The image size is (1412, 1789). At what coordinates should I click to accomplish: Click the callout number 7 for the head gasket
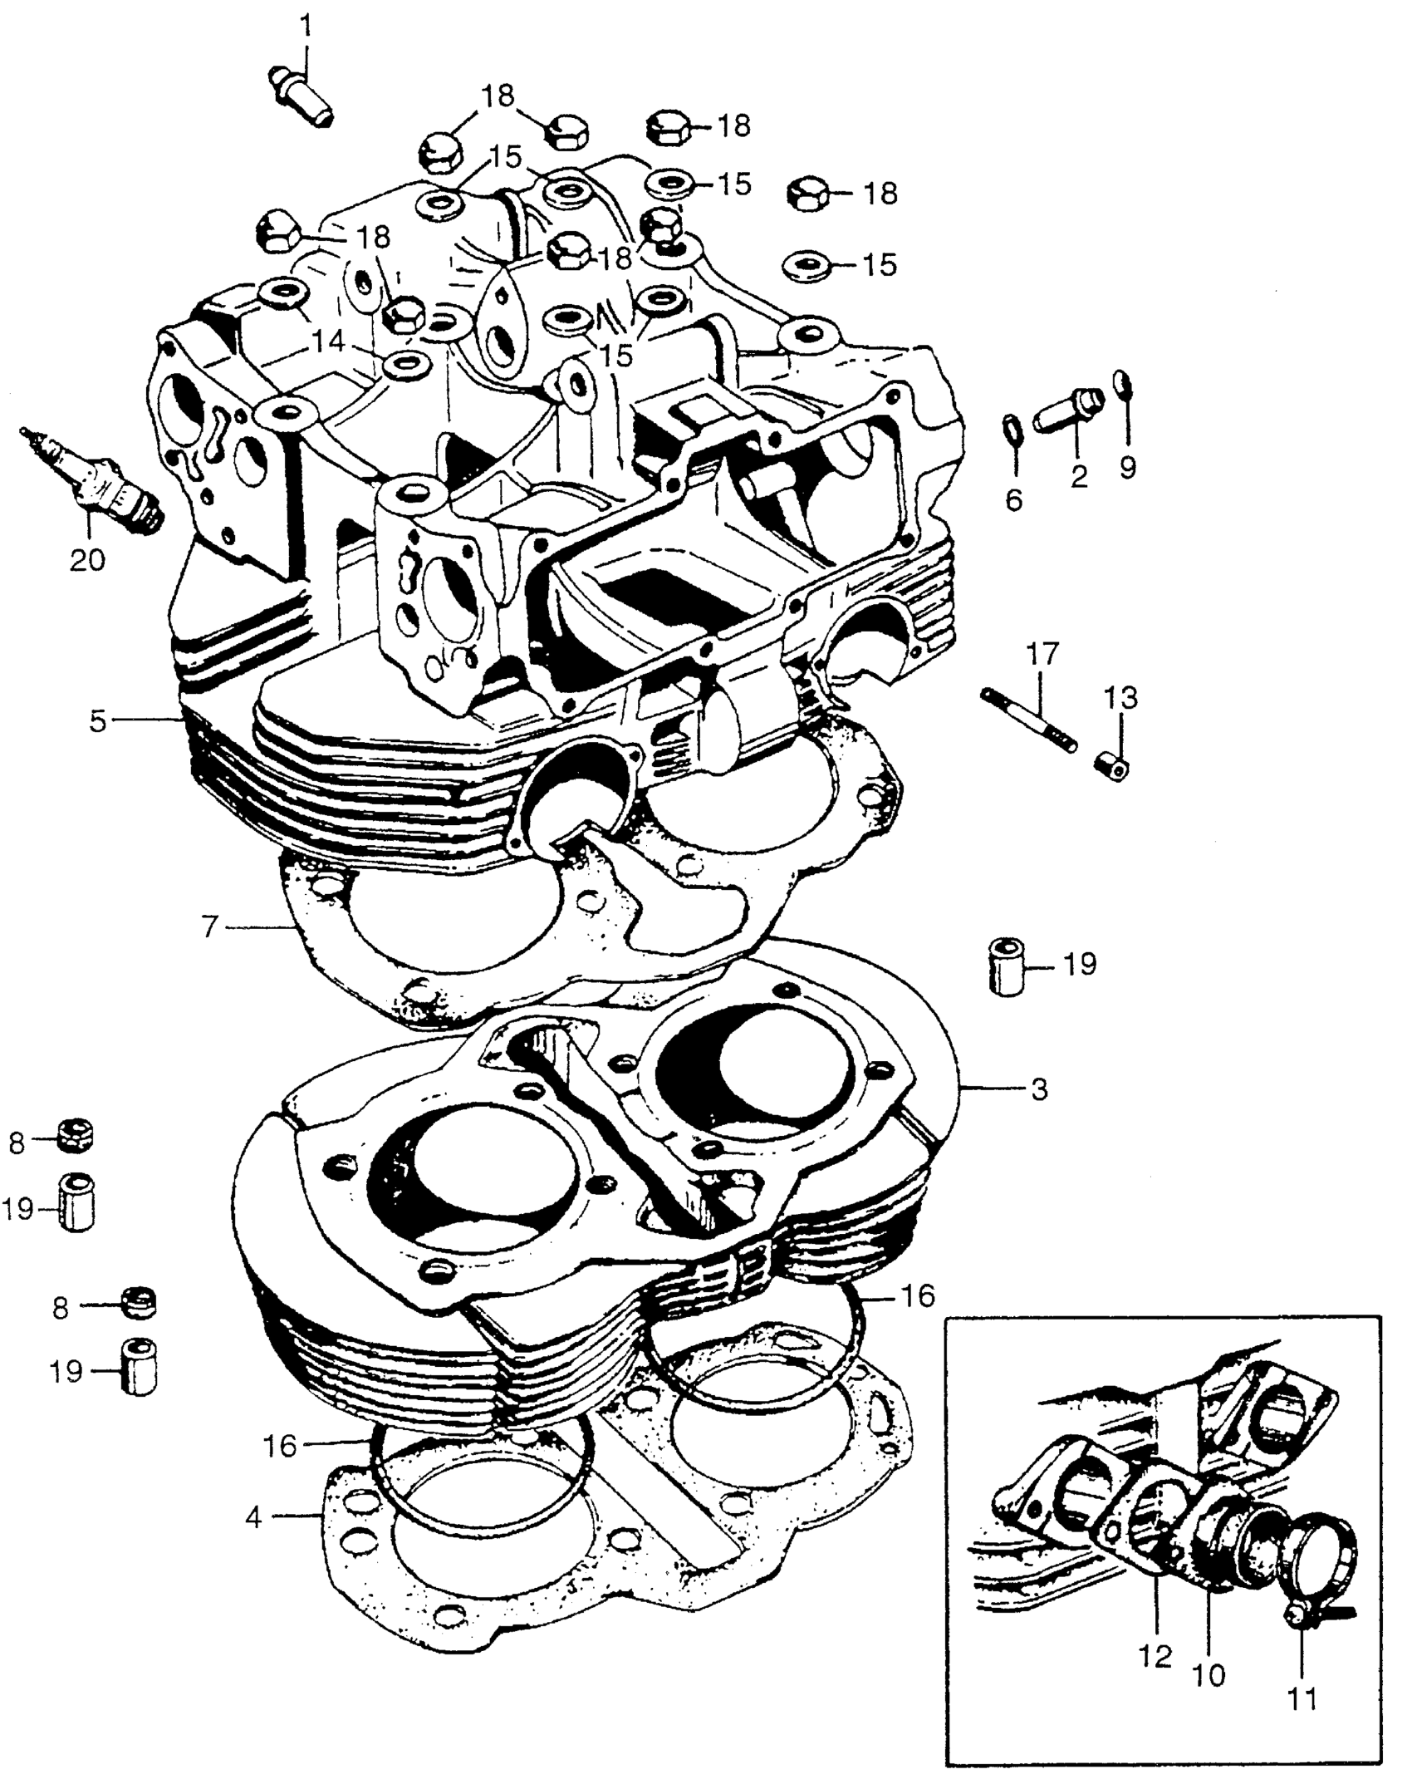click(x=211, y=926)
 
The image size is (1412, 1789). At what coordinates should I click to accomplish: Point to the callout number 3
click(x=1039, y=1089)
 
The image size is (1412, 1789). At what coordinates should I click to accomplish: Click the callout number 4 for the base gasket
click(x=254, y=1517)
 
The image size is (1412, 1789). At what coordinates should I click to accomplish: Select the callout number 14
click(x=330, y=341)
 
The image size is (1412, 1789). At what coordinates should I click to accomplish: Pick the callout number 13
click(x=1120, y=698)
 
